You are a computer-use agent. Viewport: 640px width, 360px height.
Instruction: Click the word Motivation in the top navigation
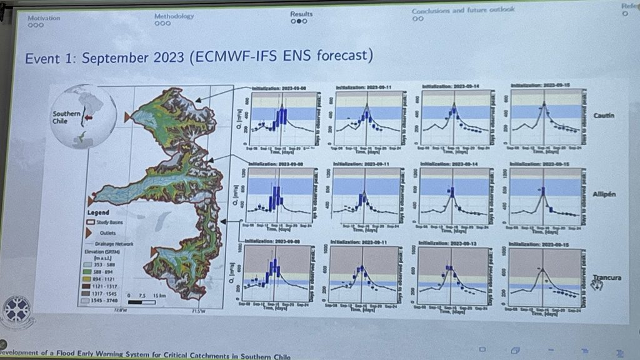44,17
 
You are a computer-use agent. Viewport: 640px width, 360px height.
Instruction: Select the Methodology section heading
174,16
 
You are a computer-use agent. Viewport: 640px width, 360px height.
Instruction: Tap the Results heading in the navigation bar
301,13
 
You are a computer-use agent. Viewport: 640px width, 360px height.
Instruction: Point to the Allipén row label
604,194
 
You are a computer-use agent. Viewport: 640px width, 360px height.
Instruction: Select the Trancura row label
606,277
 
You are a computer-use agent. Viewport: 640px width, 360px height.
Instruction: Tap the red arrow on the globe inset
89,116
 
